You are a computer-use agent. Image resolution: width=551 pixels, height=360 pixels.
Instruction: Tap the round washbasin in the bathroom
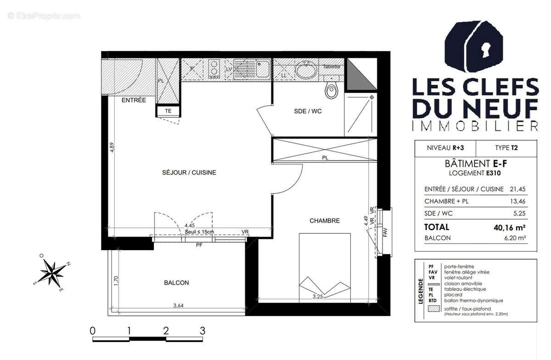(x=304, y=71)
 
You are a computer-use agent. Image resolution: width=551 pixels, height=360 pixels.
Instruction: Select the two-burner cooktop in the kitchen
(x=214, y=69)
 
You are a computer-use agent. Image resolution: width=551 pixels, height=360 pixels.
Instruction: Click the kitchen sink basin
(x=262, y=70)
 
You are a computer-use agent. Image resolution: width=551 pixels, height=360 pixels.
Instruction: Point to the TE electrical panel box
(x=168, y=111)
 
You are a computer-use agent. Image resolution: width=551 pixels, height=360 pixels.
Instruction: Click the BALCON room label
(x=176, y=283)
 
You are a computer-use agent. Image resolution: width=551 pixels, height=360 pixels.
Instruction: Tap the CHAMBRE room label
(x=325, y=221)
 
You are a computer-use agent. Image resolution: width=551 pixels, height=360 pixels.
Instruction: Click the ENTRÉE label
(x=133, y=100)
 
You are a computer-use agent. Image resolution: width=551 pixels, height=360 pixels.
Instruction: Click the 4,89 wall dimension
(x=112, y=150)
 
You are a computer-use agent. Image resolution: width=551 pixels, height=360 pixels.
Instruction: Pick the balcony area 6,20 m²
(x=515, y=238)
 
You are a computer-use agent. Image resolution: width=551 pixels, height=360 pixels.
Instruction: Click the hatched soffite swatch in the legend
(x=433, y=309)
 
